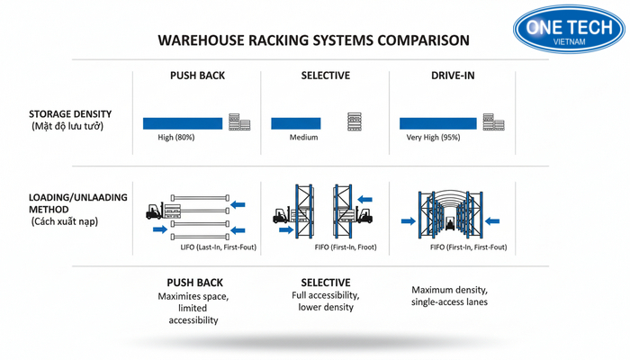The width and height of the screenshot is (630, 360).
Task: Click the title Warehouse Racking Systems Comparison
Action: (x=312, y=40)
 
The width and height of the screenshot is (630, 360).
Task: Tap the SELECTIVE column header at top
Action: (x=325, y=76)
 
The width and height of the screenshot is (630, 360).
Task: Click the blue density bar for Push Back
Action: (x=183, y=122)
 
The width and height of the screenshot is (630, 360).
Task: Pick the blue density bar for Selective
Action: (x=295, y=122)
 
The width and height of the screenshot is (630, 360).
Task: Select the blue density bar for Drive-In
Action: (x=438, y=122)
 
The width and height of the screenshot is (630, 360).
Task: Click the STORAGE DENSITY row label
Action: (x=70, y=114)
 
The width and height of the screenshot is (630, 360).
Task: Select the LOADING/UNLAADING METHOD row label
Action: (x=78, y=202)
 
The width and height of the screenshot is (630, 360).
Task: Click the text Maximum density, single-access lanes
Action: (x=449, y=296)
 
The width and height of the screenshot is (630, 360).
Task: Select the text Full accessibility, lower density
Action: (x=326, y=301)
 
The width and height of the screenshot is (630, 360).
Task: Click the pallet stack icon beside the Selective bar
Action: (x=354, y=121)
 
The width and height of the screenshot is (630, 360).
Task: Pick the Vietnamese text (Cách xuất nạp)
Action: (x=64, y=221)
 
